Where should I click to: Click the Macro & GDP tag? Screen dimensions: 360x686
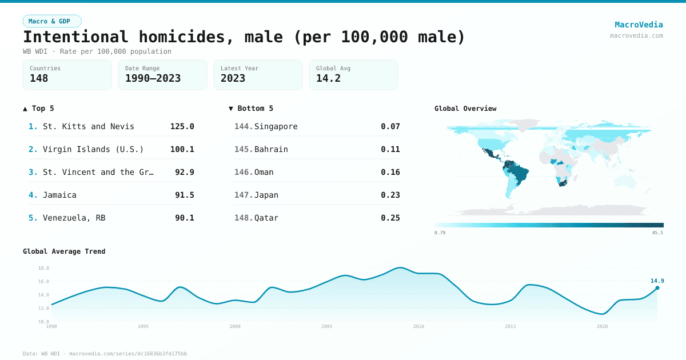[52, 21]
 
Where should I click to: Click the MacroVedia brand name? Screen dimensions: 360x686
[639, 25]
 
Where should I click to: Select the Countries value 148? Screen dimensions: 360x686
[39, 78]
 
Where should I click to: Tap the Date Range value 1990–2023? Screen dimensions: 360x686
[153, 78]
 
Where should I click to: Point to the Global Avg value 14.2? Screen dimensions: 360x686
[328, 78]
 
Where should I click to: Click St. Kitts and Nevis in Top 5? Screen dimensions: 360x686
[88, 126]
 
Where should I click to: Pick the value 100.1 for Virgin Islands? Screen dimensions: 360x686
[182, 149]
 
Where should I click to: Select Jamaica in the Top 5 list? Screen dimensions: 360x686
[59, 195]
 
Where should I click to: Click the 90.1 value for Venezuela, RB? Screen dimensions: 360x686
[184, 218]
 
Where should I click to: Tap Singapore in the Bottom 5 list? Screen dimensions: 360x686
[276, 126]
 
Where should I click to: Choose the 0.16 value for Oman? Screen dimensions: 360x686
[390, 172]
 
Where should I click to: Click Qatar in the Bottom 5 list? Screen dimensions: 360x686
[266, 218]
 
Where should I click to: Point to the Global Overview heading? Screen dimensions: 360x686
[465, 109]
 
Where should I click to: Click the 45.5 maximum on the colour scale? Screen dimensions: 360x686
[657, 233]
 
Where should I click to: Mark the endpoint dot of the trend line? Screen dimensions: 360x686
[657, 288]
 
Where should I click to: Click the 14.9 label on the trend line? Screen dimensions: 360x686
[657, 281]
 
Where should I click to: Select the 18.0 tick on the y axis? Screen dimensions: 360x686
[43, 268]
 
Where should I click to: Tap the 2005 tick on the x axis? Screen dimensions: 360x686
[327, 326]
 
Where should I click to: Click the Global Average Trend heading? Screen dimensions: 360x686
[64, 251]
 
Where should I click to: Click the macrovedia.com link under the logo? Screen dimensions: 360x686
[636, 35]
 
